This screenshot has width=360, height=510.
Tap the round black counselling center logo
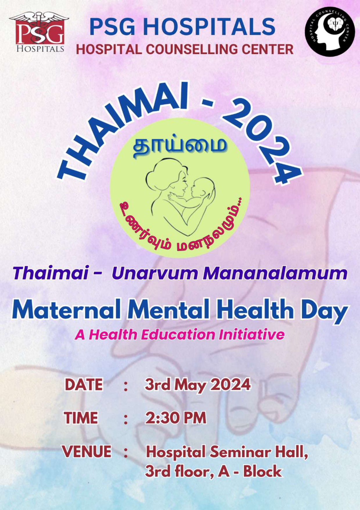(x=330, y=32)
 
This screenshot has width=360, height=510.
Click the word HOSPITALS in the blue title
(x=209, y=26)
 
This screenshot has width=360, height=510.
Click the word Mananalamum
(x=275, y=273)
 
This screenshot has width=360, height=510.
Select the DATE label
(x=84, y=385)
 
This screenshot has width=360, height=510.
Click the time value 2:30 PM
(x=176, y=418)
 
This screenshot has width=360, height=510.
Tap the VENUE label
(x=87, y=452)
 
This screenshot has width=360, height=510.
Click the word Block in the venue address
(x=262, y=471)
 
